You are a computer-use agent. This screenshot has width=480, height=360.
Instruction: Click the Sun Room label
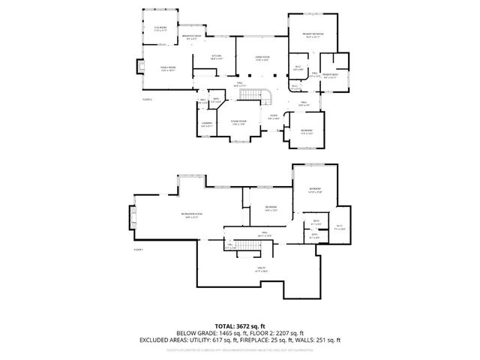[160, 28]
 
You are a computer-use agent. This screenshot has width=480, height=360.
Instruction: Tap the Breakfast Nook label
[193, 37]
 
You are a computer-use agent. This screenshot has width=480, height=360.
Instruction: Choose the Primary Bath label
[330, 76]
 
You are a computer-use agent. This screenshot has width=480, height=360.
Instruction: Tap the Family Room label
[167, 68]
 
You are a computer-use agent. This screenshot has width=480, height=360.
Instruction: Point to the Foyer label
[274, 117]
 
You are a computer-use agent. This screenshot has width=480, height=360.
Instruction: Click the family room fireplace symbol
[138, 68]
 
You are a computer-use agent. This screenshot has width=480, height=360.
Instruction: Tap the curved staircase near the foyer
[262, 94]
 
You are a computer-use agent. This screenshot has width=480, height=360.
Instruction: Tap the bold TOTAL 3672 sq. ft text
[240, 326]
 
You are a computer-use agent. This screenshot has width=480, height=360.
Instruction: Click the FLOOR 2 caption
[147, 98]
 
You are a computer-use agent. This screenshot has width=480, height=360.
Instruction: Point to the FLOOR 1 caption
[139, 248]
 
